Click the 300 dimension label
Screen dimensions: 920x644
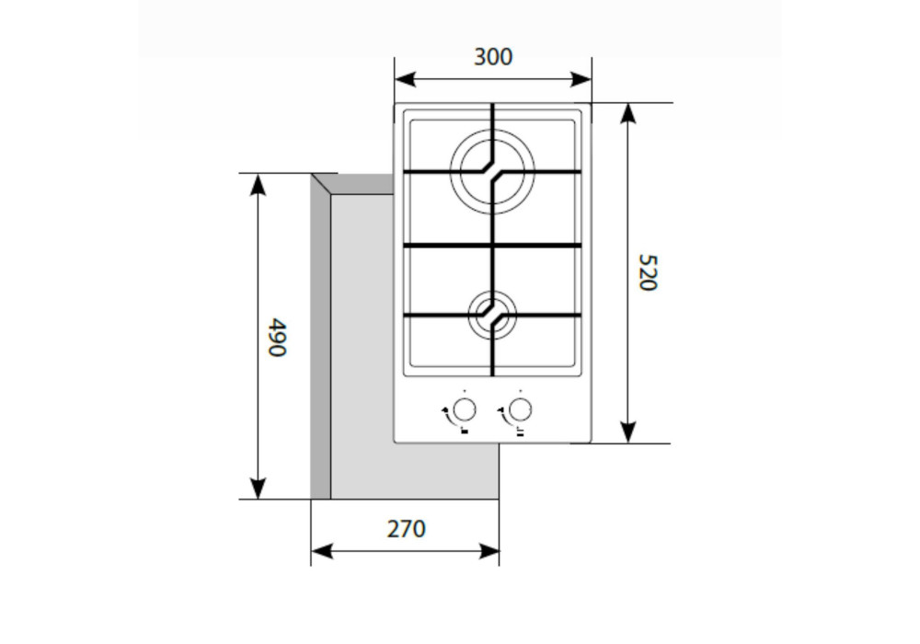point(493,57)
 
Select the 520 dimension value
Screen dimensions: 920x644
point(648,272)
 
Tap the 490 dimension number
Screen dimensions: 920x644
point(276,338)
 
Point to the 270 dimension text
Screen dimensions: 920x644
point(406,529)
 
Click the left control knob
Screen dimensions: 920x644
point(464,409)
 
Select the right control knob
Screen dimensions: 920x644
point(520,409)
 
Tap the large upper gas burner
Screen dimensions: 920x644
point(492,171)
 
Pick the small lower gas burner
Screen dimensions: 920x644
point(492,315)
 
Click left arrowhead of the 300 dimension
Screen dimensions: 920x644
point(405,79)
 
